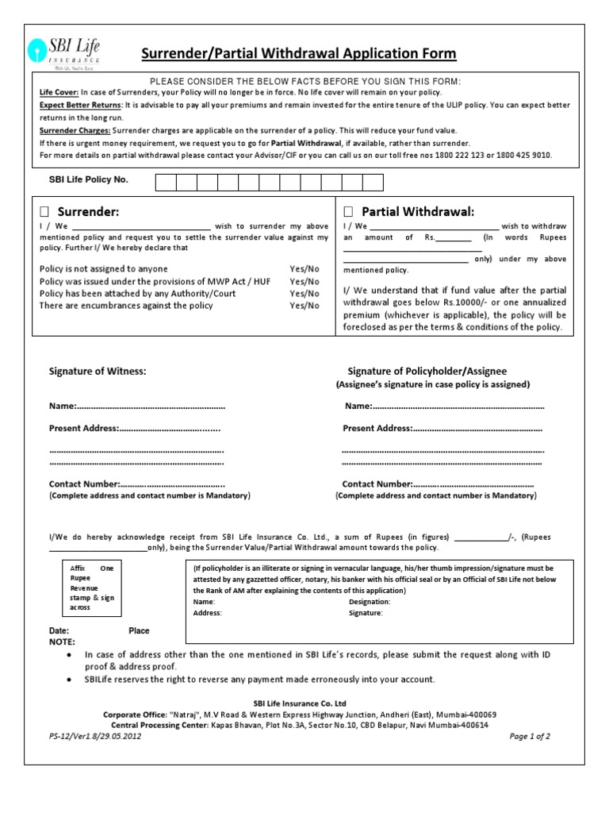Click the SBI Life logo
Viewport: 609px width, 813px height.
point(65,50)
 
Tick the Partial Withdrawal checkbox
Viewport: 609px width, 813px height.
point(347,212)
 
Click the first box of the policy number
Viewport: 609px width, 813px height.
point(166,183)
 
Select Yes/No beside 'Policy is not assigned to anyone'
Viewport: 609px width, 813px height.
point(304,269)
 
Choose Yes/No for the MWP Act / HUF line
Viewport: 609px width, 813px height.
point(304,281)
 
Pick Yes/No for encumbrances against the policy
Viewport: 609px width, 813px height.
point(304,305)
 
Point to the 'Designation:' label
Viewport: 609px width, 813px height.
point(370,602)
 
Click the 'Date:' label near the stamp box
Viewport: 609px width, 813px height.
point(59,630)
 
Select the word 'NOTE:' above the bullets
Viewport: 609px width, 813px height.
point(62,641)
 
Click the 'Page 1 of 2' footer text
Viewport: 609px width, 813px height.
point(530,736)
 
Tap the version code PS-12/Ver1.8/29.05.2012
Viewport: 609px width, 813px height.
point(94,736)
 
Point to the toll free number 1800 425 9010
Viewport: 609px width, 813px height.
point(522,155)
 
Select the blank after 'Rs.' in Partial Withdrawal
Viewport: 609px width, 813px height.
point(453,237)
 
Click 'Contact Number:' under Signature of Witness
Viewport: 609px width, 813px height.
point(84,484)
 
